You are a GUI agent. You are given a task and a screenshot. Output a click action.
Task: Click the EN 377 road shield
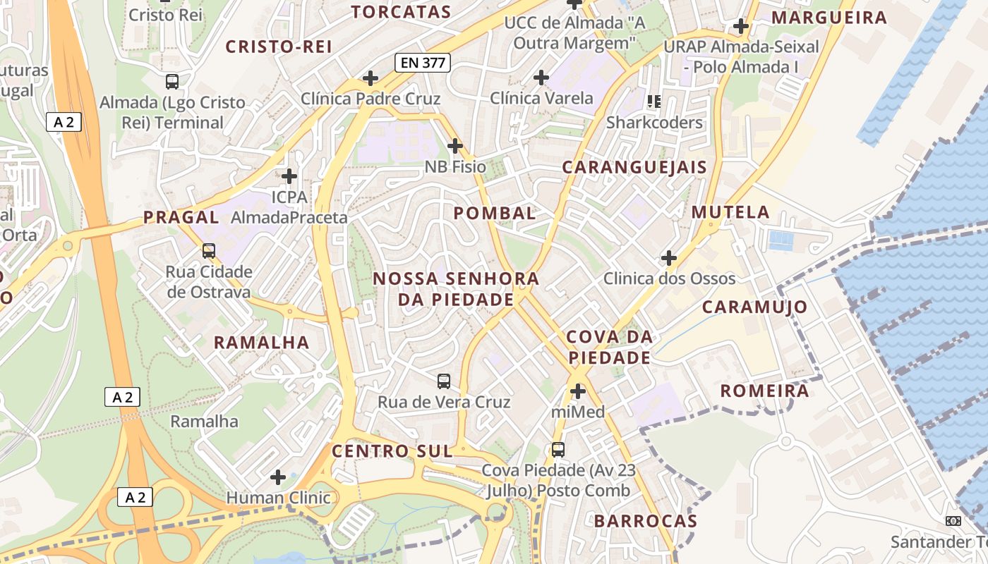click(x=423, y=63)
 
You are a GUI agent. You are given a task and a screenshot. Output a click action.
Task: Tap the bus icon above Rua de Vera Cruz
click(x=443, y=381)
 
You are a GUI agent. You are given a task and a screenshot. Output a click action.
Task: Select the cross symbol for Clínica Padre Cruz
click(x=370, y=78)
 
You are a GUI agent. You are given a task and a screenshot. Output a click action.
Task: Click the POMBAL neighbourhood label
click(x=495, y=213)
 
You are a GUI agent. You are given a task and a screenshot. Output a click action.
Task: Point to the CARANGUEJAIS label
click(x=634, y=167)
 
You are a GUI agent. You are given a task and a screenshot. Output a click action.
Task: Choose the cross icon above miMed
click(x=578, y=391)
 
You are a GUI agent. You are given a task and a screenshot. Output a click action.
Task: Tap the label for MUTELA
click(x=730, y=212)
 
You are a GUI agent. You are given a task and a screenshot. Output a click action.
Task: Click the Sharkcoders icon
click(x=654, y=102)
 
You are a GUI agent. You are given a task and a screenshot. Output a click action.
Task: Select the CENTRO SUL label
click(x=392, y=451)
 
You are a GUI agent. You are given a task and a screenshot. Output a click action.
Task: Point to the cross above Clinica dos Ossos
click(x=668, y=257)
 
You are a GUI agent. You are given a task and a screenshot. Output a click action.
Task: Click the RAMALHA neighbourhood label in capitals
click(x=262, y=343)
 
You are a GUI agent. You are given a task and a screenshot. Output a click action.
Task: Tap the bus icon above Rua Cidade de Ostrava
click(x=208, y=250)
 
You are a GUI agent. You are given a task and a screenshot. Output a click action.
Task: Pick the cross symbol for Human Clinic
click(x=278, y=477)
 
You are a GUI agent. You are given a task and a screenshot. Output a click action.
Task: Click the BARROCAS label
click(x=646, y=521)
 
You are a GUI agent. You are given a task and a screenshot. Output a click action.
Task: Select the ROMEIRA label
click(x=764, y=391)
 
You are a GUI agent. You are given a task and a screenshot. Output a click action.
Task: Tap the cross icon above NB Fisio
click(x=455, y=146)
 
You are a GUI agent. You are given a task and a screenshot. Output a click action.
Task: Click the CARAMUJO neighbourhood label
click(x=755, y=307)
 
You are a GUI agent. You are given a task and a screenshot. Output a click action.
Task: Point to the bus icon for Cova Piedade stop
click(x=558, y=449)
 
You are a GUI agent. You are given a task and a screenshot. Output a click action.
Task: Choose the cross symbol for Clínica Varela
click(x=541, y=77)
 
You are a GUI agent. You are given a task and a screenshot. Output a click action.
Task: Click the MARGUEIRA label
click(x=829, y=18)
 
